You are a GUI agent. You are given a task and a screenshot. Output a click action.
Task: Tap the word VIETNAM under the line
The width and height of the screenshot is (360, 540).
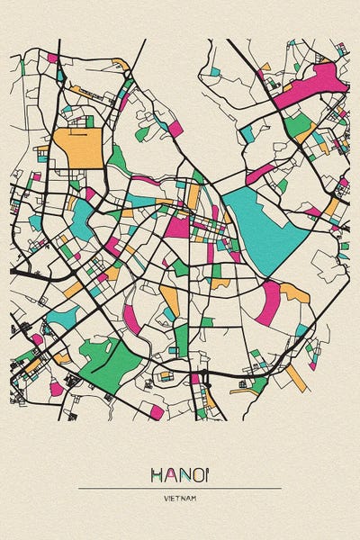click(180, 498)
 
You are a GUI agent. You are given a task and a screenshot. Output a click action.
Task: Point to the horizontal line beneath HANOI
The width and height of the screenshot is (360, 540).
click(180, 487)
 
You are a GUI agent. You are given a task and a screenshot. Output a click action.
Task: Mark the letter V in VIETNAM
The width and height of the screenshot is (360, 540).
click(166, 498)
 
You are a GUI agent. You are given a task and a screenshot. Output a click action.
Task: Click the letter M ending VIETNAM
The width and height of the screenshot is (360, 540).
click(194, 498)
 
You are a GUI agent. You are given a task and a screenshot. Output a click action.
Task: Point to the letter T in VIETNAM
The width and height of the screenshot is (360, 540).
click(180, 498)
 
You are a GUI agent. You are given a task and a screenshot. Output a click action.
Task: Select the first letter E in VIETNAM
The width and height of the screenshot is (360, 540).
click(175, 498)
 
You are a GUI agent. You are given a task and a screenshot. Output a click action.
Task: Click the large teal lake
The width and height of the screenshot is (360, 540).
click(270, 220)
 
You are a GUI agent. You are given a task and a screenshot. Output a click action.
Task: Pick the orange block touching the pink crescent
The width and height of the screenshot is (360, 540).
click(295, 292)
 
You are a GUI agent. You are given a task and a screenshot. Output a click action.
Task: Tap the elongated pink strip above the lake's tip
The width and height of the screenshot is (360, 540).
click(260, 173)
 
